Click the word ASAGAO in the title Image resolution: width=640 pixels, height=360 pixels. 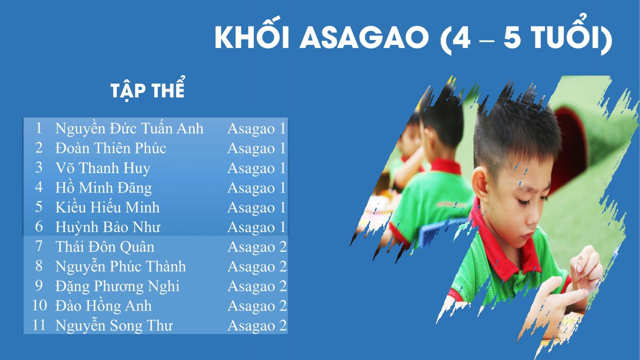coord(364,38)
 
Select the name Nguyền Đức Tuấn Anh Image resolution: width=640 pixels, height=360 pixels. coord(129,128)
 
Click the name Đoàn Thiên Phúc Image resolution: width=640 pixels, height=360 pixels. coord(110,148)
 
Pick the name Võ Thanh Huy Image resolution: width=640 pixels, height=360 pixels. coord(102,168)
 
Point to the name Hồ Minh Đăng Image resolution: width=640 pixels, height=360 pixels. coord(104,188)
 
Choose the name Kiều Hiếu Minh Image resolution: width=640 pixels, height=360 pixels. coord(108,207)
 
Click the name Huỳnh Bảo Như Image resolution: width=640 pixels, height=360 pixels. coord(108,227)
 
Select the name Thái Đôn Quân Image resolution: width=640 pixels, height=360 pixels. coord(104,246)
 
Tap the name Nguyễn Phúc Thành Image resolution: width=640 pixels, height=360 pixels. coord(120,266)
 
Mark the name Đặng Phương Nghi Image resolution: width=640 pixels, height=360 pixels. coord(117,286)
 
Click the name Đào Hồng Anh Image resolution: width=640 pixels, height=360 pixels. coord(104,306)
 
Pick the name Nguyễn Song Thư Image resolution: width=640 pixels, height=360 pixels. coord(114,326)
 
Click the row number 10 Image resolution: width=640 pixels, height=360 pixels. coord(40,306)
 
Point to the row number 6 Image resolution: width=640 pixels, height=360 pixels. coord(39,226)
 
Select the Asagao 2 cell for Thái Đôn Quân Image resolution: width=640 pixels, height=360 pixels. coord(257,247)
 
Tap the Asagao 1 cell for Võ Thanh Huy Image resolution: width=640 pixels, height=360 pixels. coord(256,168)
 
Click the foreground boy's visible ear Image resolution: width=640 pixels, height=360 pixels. coord(480,183)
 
